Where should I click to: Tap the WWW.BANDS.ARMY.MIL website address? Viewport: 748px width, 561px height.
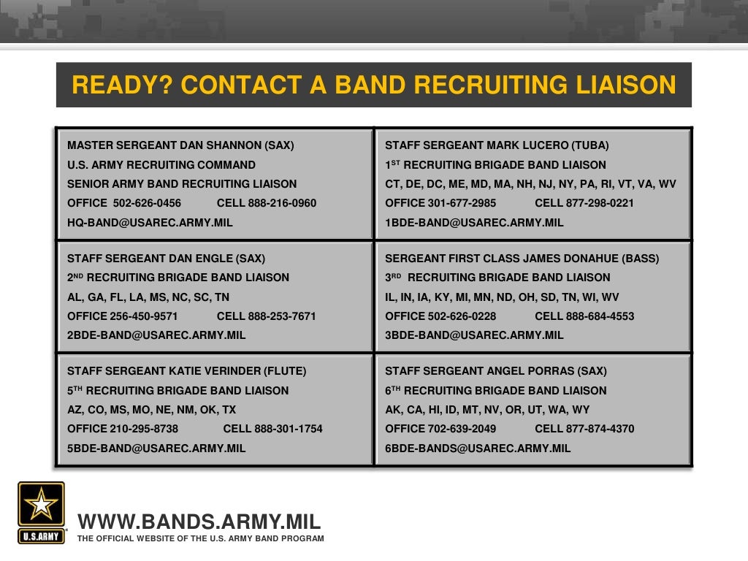(x=199, y=522)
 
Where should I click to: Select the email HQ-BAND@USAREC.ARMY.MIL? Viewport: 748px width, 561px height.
(x=150, y=223)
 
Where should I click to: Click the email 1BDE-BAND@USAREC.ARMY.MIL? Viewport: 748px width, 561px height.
(x=474, y=223)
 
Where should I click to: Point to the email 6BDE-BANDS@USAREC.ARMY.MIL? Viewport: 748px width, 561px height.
(x=478, y=449)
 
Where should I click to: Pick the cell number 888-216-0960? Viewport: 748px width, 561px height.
(x=282, y=203)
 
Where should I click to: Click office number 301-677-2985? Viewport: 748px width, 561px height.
(x=462, y=203)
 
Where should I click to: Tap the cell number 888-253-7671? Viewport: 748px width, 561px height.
(x=282, y=316)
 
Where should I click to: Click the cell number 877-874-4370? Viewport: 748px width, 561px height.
(x=600, y=429)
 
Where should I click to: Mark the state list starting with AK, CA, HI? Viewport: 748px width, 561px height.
(x=487, y=410)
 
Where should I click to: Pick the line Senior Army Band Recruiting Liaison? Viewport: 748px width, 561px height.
(x=182, y=184)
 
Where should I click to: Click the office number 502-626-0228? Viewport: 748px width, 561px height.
(x=462, y=316)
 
